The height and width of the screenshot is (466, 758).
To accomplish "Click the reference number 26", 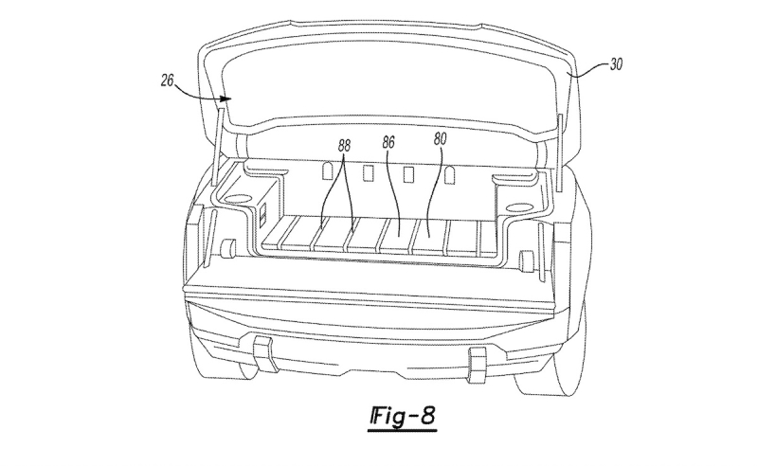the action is (168, 81).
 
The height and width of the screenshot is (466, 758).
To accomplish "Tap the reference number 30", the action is (615, 64).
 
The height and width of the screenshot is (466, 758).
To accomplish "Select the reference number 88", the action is (344, 146).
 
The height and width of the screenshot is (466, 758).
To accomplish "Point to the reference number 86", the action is (388, 142).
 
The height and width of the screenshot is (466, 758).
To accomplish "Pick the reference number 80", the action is (440, 139).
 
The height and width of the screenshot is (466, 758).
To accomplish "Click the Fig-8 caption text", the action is (403, 416).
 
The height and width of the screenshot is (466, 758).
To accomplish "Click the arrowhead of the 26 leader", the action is (225, 99).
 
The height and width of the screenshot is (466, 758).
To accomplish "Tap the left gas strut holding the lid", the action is (217, 148).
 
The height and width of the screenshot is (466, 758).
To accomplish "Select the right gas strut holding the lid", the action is (560, 152).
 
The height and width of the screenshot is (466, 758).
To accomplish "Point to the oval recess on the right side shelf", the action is (518, 207).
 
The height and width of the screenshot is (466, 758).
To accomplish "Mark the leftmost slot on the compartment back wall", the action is (327, 170).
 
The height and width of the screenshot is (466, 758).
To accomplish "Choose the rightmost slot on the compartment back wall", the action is (449, 175).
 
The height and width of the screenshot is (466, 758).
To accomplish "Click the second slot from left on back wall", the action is (368, 172).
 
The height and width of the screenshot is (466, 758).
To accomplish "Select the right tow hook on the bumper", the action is (478, 364).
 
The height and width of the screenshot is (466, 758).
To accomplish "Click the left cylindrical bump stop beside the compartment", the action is (227, 248).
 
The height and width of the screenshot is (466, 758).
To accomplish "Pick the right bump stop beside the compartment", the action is (525, 260).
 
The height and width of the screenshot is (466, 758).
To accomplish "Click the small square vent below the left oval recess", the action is (263, 213).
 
